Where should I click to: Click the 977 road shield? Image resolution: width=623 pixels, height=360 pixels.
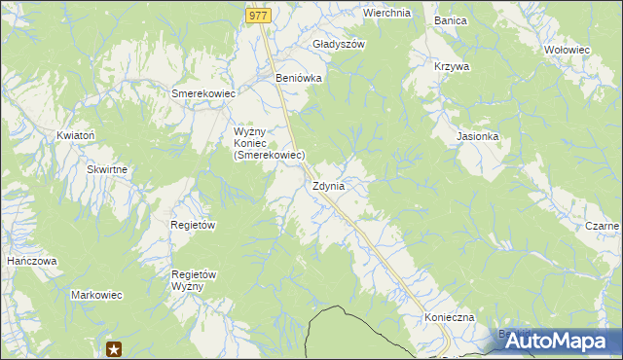click(x=257, y=16)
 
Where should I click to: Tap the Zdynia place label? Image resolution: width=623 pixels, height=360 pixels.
click(x=329, y=186)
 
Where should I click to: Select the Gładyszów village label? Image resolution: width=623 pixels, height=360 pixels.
click(x=339, y=45)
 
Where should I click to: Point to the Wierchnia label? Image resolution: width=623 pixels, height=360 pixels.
click(x=386, y=14)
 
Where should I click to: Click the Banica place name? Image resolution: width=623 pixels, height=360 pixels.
click(x=451, y=20)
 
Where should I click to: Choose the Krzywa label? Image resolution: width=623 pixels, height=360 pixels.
click(x=452, y=67)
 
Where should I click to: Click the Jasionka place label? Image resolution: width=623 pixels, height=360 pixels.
click(x=478, y=137)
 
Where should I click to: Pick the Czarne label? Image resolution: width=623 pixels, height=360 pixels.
click(x=603, y=227)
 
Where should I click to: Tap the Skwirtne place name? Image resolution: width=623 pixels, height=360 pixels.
click(x=107, y=169)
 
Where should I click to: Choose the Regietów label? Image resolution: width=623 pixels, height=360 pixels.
click(x=193, y=225)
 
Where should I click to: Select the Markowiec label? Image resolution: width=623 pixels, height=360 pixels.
click(x=95, y=294)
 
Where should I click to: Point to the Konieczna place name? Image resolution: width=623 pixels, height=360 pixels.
click(x=449, y=318)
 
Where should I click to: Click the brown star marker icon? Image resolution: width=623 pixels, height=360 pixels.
click(x=114, y=348)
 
